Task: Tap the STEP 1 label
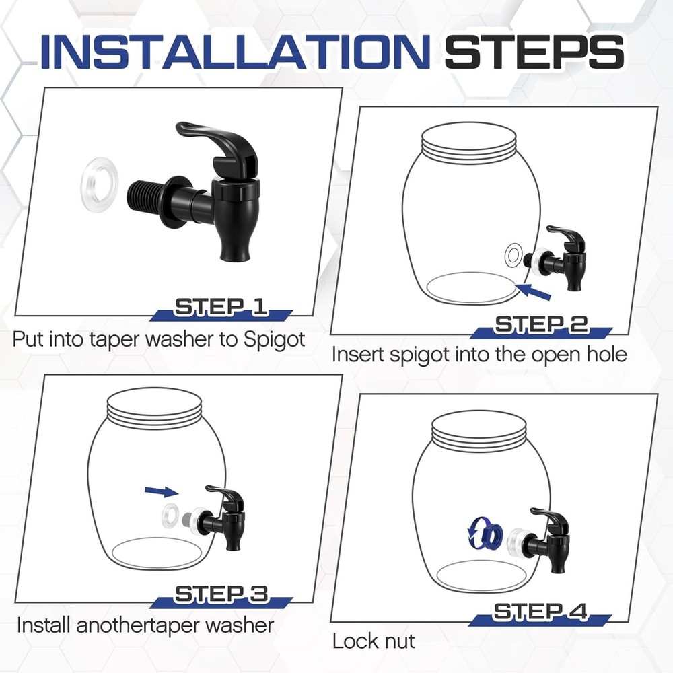click(x=221, y=307)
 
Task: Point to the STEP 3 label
click(x=221, y=594)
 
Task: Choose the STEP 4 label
click(x=540, y=612)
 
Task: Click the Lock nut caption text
click(x=374, y=641)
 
